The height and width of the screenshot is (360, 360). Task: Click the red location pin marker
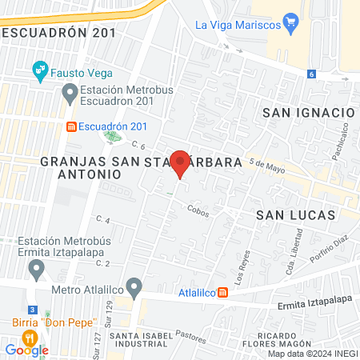tap(181, 162)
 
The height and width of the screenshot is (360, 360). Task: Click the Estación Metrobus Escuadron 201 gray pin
tap(70, 94)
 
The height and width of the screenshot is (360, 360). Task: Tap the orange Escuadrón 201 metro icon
tap(72, 126)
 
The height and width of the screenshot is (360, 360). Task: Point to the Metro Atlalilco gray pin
tap(134, 286)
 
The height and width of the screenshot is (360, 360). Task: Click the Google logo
tap(26, 350)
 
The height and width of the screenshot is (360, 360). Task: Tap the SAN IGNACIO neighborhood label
tap(309, 114)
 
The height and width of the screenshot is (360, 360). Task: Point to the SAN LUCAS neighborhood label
tap(296, 215)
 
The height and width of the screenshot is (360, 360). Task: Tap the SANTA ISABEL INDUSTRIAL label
tap(140, 339)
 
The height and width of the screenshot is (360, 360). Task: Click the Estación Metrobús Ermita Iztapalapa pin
tap(36, 270)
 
